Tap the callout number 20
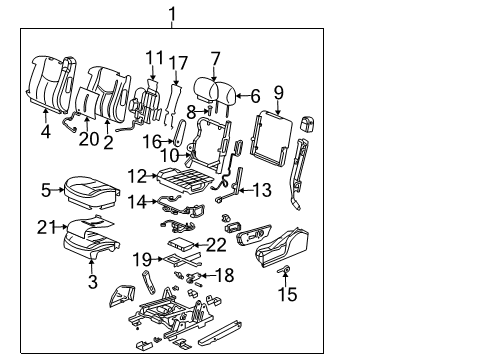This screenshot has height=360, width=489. point(90,138)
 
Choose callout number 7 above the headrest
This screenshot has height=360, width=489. point(215,58)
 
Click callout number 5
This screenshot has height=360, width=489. point(46,187)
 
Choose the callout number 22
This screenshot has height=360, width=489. point(216,245)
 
